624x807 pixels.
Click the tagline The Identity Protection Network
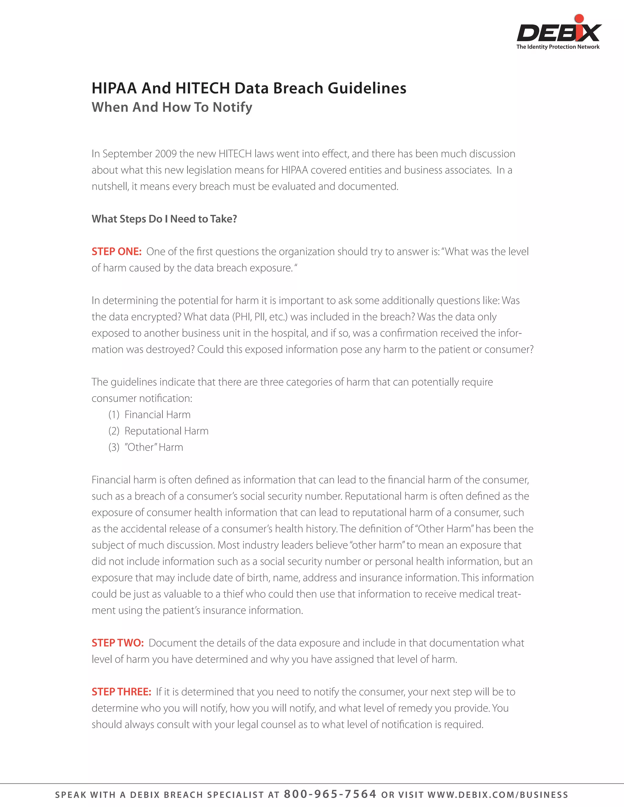[x=558, y=47]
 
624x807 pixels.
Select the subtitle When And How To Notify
[x=172, y=107]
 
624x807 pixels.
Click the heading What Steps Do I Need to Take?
[x=164, y=219]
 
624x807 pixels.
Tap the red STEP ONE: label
[x=116, y=252]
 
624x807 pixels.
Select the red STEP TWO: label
[x=118, y=643]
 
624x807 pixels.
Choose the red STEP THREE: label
[x=121, y=692]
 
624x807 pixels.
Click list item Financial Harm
[x=158, y=415]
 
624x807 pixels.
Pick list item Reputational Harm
[x=166, y=431]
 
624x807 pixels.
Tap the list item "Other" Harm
[x=154, y=447]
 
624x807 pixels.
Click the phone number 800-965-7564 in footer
[x=330, y=794]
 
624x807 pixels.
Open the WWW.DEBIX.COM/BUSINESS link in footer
[x=498, y=795]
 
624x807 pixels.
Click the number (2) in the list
[x=114, y=431]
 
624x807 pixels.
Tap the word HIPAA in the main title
[x=114, y=88]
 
